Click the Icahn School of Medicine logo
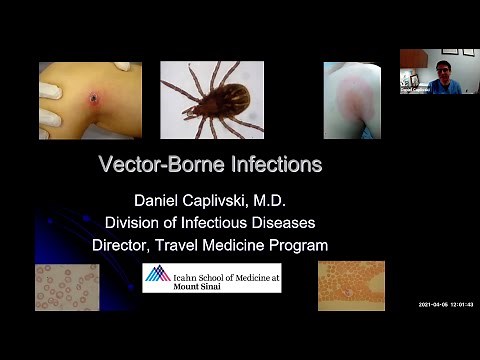click(211, 277)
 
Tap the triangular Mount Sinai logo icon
click(157, 274)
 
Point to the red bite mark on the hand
click(95, 99)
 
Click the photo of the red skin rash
click(351, 100)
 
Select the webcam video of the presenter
click(433, 71)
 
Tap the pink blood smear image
click(67, 286)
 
